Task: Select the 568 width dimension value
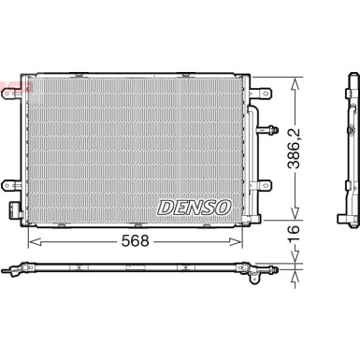tap(137, 240)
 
